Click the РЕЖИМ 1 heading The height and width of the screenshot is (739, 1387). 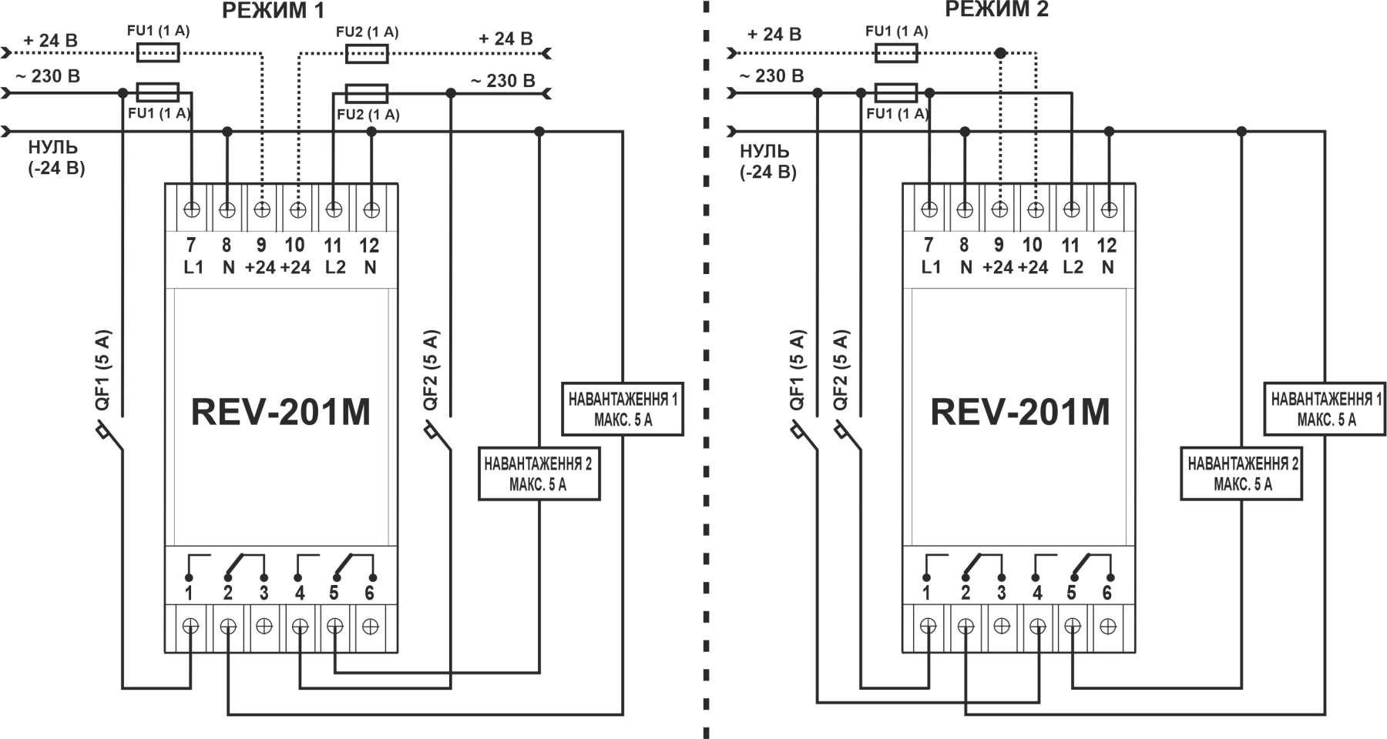tap(274, 10)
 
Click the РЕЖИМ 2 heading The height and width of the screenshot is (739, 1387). tap(997, 9)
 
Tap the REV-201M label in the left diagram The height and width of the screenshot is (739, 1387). tap(280, 412)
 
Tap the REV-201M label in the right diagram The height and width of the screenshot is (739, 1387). tap(1020, 412)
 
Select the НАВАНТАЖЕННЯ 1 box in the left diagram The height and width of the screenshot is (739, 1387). tap(623, 409)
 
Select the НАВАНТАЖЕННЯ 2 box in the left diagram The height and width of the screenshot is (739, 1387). tap(539, 473)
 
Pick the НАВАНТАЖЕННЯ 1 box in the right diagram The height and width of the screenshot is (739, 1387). tap(1326, 409)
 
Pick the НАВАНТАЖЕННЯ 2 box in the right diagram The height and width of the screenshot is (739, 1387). tap(1241, 473)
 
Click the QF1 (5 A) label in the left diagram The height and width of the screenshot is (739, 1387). tap(102, 370)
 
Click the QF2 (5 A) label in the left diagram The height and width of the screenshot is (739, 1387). tap(431, 370)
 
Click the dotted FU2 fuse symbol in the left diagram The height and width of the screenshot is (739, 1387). tap(367, 53)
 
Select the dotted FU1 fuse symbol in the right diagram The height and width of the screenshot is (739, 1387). tap(896, 53)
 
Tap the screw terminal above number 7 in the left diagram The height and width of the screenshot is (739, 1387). tap(192, 209)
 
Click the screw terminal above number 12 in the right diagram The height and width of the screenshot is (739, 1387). tap(1109, 209)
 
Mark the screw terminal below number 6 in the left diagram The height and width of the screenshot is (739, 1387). tap(370, 627)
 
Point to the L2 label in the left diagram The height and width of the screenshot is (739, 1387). tap(335, 267)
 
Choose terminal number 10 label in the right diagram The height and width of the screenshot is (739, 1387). tap(1033, 245)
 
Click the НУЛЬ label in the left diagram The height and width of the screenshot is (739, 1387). tap(53, 148)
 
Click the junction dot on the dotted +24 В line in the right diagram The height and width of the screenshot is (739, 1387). tap(1000, 53)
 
